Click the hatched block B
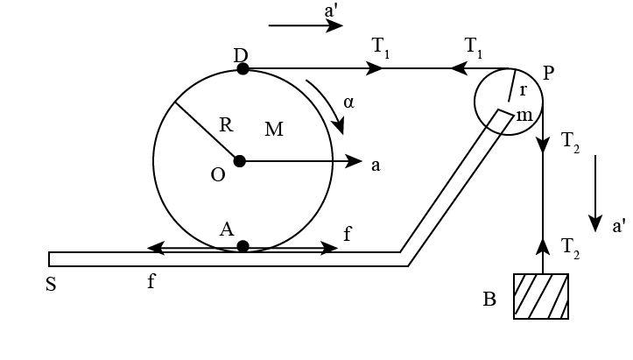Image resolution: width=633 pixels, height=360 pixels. click(x=541, y=296)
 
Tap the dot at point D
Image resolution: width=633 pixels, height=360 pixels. click(x=243, y=68)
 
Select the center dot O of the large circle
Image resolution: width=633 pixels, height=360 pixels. click(x=239, y=161)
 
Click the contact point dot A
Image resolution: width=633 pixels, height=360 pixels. click(x=243, y=246)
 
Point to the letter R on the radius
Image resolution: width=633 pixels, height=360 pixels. click(x=225, y=125)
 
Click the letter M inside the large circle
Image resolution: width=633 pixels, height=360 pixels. click(x=274, y=130)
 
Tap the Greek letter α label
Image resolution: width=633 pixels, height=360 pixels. click(x=349, y=102)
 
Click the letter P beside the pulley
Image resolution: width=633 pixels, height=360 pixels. click(x=549, y=73)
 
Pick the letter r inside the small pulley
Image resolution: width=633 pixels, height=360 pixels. click(x=523, y=90)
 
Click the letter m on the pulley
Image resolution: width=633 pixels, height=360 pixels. click(x=524, y=115)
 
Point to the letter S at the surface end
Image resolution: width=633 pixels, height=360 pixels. click(x=51, y=285)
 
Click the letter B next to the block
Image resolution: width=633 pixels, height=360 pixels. click(x=489, y=300)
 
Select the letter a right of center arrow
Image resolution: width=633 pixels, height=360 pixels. click(x=376, y=164)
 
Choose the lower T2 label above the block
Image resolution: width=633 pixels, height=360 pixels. click(x=571, y=248)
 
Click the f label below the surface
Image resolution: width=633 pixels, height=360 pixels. click(x=151, y=282)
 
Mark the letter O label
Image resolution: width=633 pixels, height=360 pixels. click(x=218, y=175)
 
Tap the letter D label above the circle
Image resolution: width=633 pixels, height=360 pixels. click(x=241, y=55)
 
